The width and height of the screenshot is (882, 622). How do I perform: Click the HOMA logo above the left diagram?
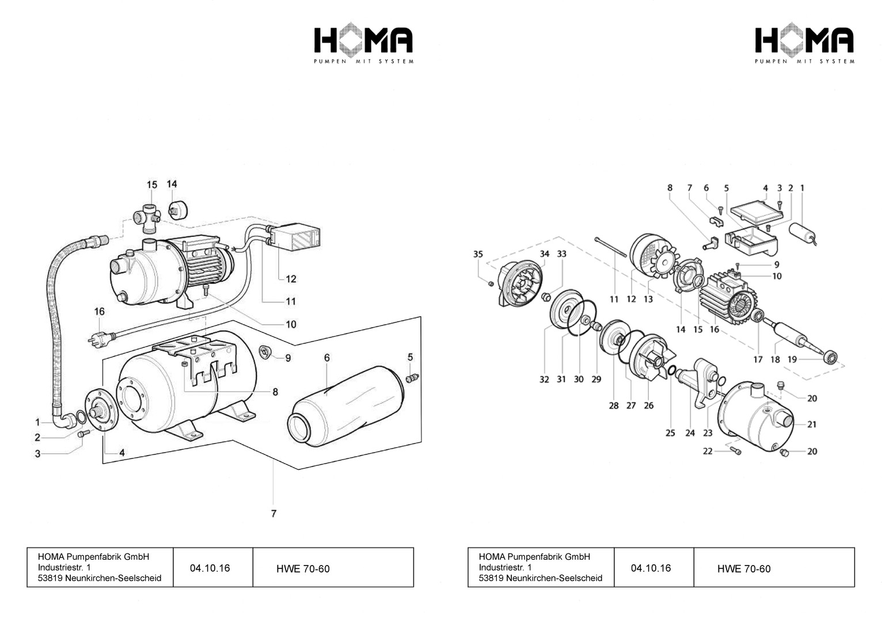pos(363,44)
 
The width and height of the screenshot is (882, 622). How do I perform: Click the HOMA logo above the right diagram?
pos(804,44)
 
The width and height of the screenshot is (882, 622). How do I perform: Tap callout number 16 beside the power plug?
pos(100,312)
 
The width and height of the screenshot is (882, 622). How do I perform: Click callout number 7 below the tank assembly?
pos(273,513)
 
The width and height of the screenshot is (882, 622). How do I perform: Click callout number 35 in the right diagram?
pos(478,254)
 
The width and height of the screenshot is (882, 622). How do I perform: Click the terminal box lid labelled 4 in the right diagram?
pos(756,211)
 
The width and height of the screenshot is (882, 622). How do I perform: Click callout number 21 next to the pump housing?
pos(812,424)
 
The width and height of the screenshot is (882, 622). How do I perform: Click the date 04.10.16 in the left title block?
pos(210,568)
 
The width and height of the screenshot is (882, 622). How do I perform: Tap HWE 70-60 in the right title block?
pos(743,569)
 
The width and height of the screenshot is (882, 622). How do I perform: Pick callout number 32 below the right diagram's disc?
pos(544,379)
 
